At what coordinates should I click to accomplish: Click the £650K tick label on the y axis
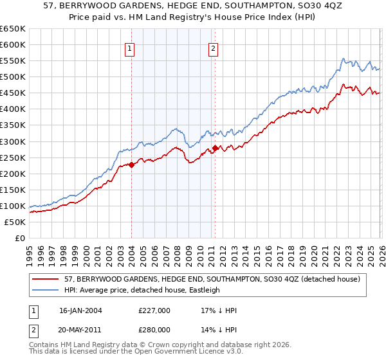tap(12, 29)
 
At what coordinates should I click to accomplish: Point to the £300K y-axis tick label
tap(12, 141)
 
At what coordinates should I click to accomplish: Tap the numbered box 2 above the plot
tap(213, 48)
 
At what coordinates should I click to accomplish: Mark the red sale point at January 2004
tap(131, 165)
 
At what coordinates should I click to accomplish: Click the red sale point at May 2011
tap(214, 148)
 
